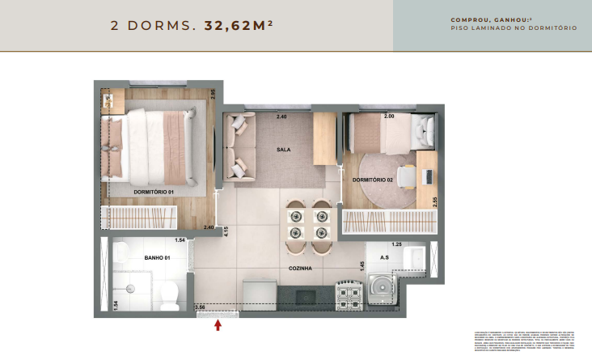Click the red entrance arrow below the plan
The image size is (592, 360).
[x=217, y=325]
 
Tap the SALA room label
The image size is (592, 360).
[x=283, y=150]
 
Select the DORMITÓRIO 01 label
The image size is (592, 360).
[x=154, y=192]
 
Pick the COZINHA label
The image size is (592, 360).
[x=301, y=267]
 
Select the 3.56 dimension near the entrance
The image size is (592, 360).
[x=201, y=307]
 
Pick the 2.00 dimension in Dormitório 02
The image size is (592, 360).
[x=389, y=116]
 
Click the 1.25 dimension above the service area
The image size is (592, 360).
[x=396, y=244]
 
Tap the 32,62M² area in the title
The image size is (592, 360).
[x=239, y=26]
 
